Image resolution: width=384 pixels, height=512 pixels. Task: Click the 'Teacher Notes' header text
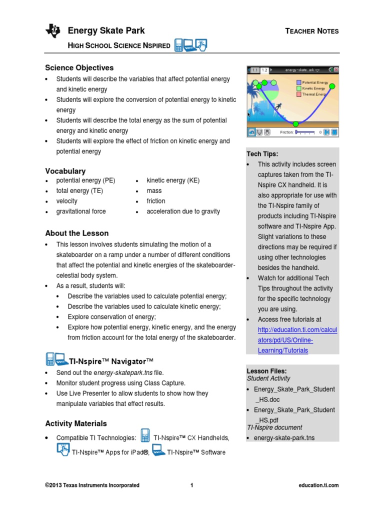311,31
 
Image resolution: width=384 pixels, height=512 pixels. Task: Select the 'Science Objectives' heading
79,67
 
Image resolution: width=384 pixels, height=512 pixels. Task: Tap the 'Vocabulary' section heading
65,171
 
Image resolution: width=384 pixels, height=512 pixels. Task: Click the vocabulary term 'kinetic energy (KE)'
173,180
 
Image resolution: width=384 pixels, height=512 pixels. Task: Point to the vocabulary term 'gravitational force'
81,211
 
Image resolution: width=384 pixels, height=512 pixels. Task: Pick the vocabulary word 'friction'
155,201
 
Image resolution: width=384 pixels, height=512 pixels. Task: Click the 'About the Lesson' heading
77,233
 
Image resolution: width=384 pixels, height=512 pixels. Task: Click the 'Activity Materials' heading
76,423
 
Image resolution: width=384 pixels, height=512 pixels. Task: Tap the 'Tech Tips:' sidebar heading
262,154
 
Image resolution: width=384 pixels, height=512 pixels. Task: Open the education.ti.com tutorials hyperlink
297,340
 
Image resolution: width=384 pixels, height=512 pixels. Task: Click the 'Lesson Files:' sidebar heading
266,371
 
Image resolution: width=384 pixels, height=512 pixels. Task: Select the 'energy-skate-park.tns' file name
284,438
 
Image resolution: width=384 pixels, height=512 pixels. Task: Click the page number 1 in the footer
192,485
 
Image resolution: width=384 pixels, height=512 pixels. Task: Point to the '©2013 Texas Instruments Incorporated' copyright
92,485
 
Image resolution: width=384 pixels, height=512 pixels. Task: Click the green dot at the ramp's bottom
295,123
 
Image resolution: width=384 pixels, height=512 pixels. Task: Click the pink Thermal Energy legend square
298,93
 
